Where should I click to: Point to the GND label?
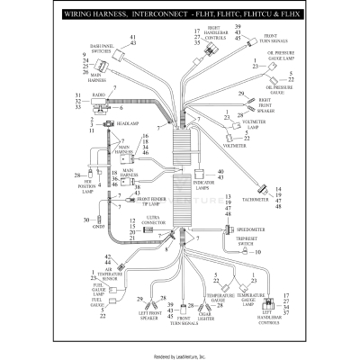(x=101, y=220)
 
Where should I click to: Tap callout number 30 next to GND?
(x=86, y=220)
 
